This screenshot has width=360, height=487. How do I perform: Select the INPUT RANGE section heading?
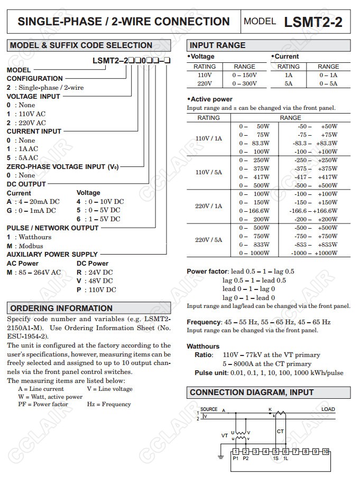pyautogui.click(x=217, y=45)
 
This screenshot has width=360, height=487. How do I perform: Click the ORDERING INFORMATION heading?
pyautogui.click(x=61, y=308)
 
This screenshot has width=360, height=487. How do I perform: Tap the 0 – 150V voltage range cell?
pyautogui.click(x=244, y=75)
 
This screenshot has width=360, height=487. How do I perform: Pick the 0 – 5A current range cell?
pyautogui.click(x=328, y=83)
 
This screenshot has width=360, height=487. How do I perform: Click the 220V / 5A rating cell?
pyautogui.click(x=209, y=240)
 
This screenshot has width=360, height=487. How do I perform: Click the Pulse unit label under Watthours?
pyautogui.click(x=210, y=372)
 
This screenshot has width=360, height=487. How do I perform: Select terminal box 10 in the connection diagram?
pyautogui.click(x=325, y=451)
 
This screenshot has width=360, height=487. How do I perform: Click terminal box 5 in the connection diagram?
pyautogui.click(x=275, y=451)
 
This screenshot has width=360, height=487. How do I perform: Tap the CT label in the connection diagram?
pyautogui.click(x=280, y=432)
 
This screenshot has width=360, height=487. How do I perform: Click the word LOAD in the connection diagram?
pyautogui.click(x=328, y=409)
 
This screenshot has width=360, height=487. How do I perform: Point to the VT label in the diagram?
pyautogui.click(x=224, y=436)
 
